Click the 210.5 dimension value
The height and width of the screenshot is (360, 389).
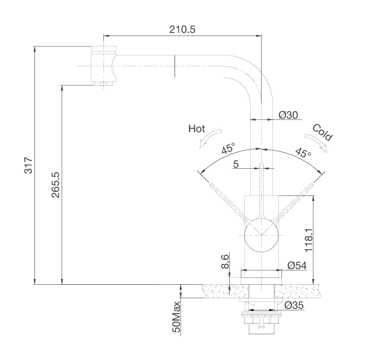click(x=182, y=29)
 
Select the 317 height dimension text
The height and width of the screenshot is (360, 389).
click(x=29, y=165)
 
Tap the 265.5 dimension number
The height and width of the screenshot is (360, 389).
click(x=55, y=185)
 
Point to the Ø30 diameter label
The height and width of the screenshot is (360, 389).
click(x=288, y=115)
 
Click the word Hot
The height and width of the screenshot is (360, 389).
click(x=196, y=129)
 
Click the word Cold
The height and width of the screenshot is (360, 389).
click(x=322, y=132)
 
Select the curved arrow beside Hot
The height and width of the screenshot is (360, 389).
click(x=210, y=138)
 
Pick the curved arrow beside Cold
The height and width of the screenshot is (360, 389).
click(x=316, y=142)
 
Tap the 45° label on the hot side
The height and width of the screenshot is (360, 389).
click(x=228, y=148)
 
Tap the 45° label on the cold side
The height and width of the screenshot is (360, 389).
click(x=303, y=152)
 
